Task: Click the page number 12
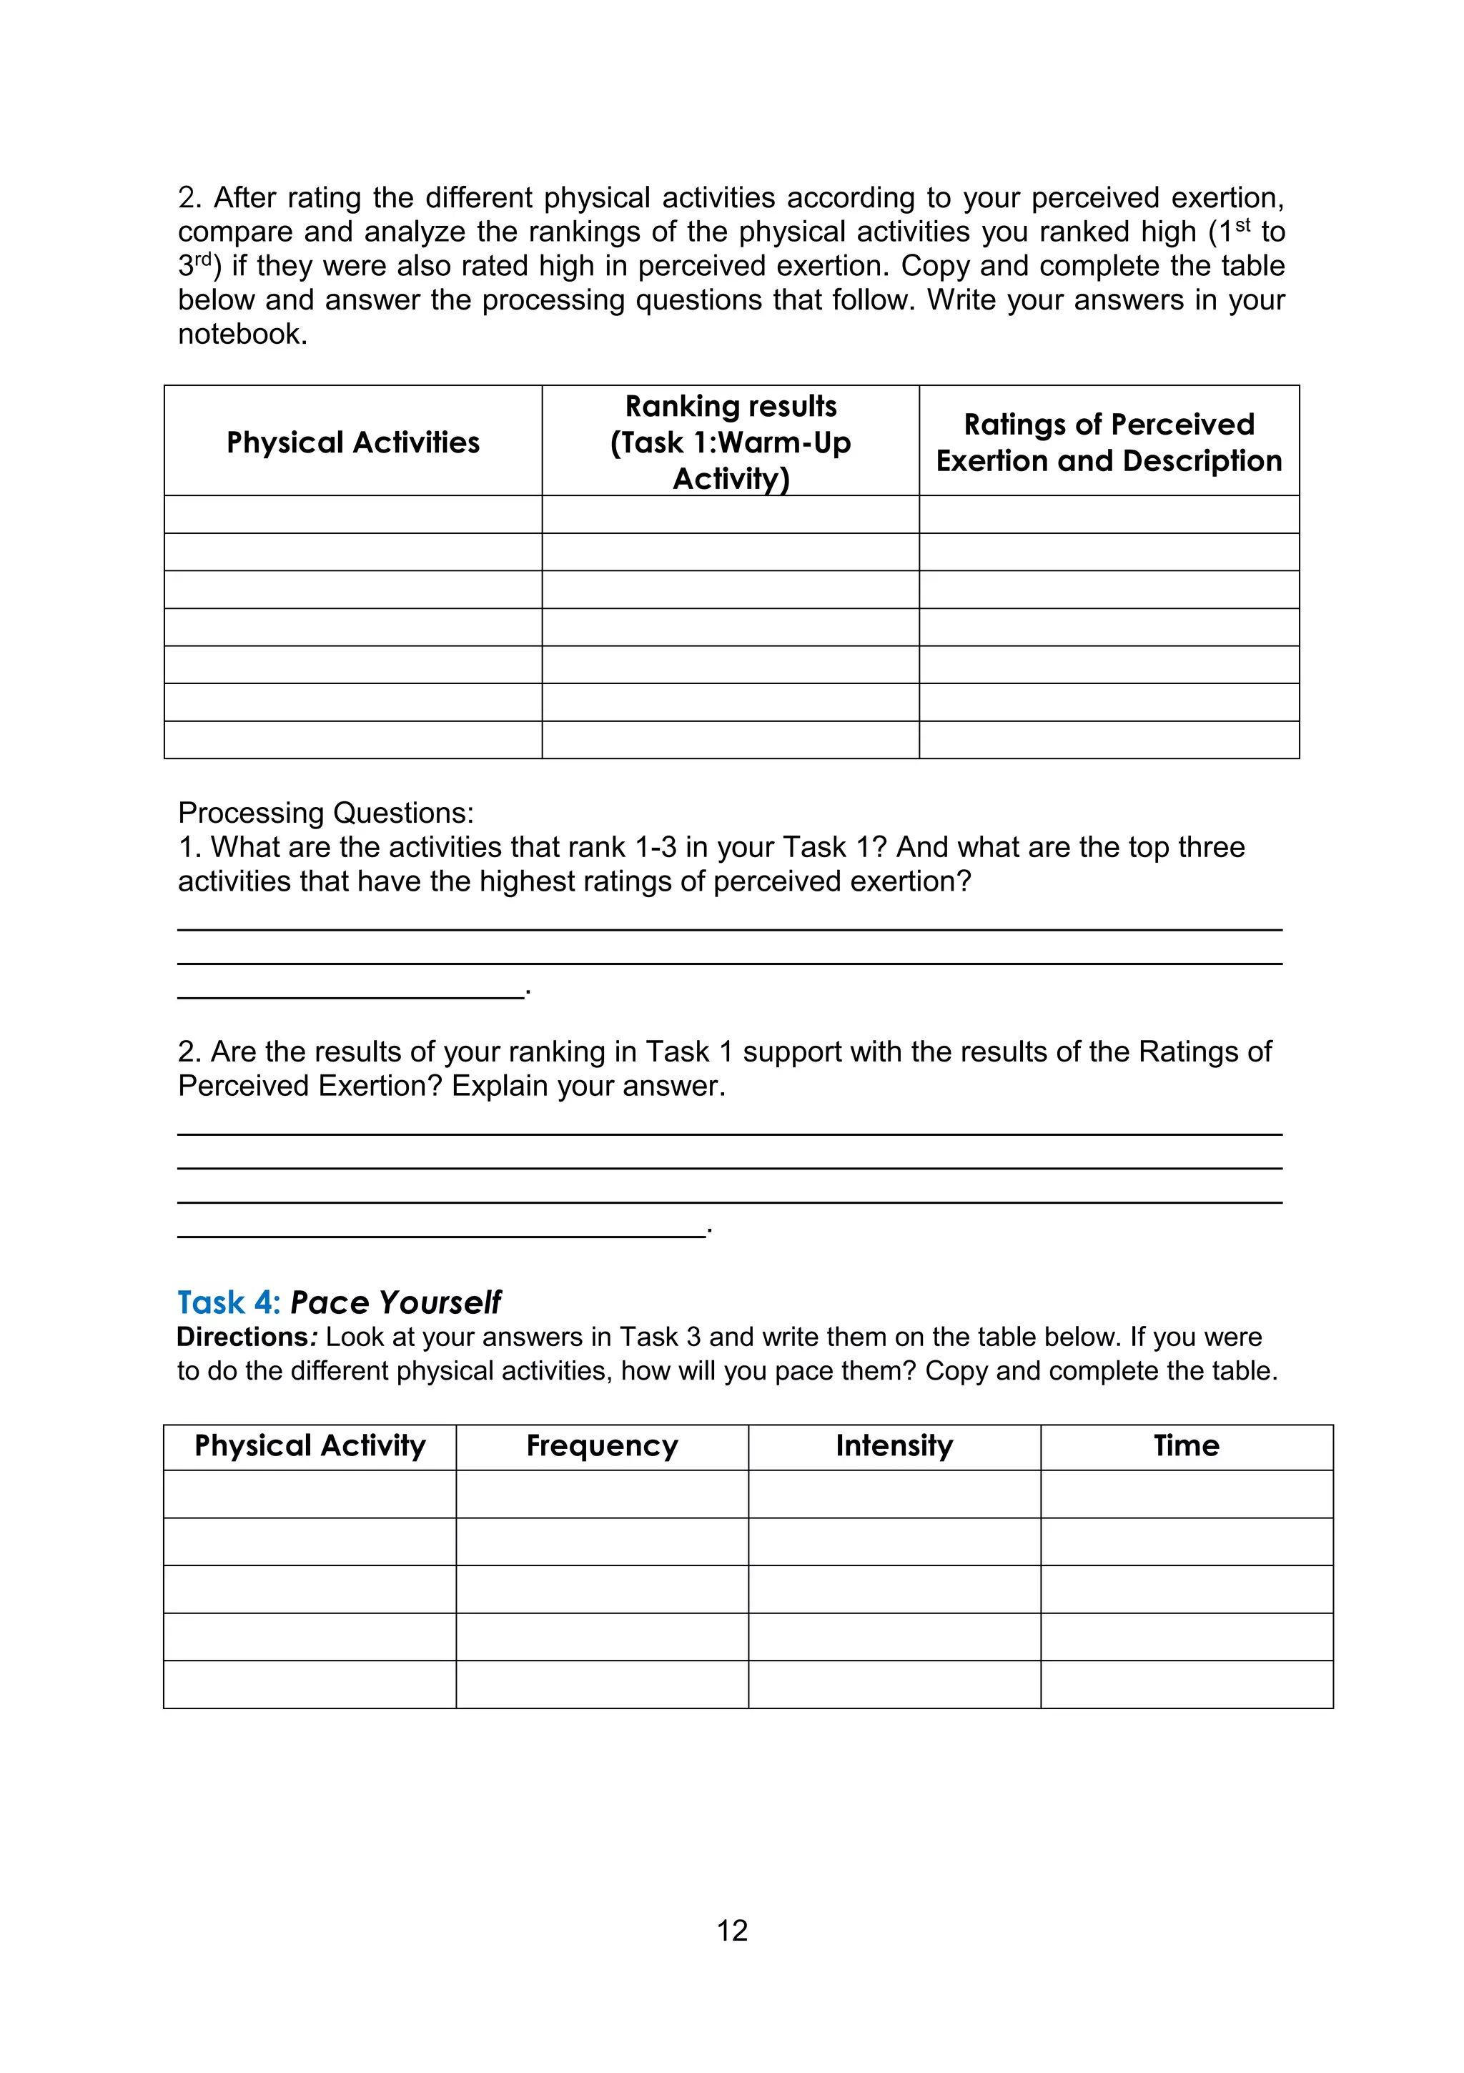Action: pos(731,1930)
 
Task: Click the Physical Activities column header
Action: pos(353,442)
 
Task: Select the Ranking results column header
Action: pos(731,442)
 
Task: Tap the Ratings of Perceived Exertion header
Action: pos(1108,442)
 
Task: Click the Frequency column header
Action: pos(601,1445)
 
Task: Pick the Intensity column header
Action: pos(894,1445)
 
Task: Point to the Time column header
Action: pos(1186,1445)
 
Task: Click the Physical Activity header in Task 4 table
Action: pos(310,1445)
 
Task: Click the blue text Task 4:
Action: pos(229,1303)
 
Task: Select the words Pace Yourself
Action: pos(395,1303)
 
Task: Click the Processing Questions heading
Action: pos(325,813)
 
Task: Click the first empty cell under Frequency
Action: pos(601,1493)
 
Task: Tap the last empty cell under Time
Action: pos(1186,1684)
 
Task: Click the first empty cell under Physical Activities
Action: pos(353,515)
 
